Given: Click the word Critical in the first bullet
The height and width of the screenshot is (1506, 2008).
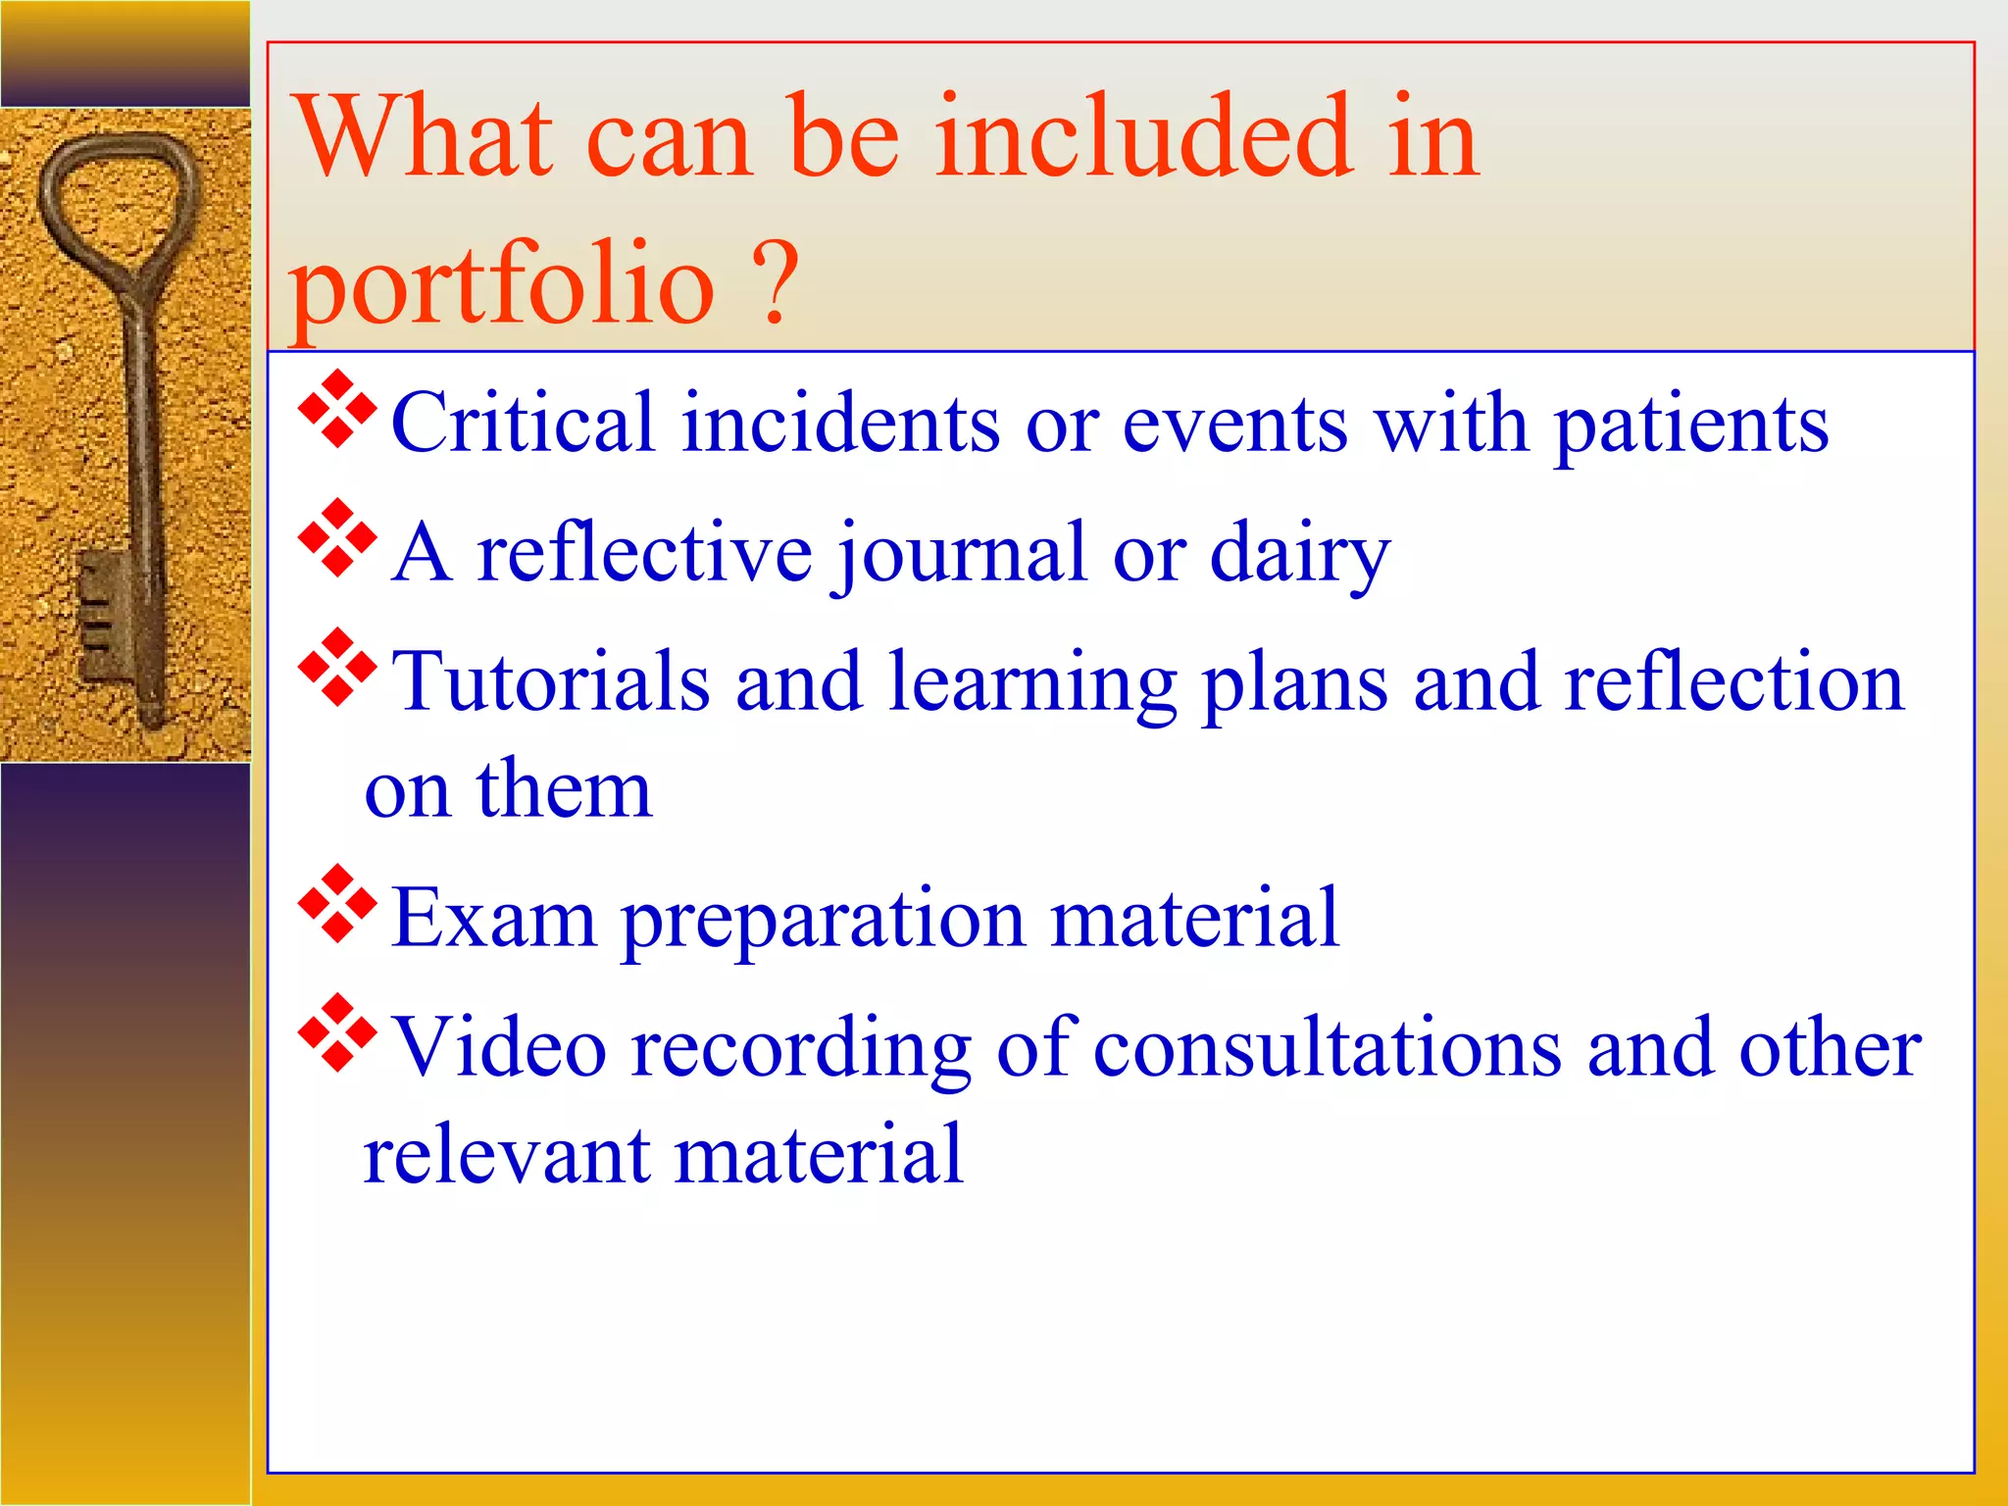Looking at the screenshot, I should click(x=522, y=423).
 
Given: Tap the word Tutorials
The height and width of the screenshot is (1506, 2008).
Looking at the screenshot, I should click(x=550, y=681).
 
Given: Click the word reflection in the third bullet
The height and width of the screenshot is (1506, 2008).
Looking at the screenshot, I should click(x=1732, y=681).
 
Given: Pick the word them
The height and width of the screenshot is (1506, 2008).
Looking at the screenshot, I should click(x=564, y=789).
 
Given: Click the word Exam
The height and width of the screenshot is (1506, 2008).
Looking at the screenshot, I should click(x=492, y=919).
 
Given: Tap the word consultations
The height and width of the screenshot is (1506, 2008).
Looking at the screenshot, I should click(x=1328, y=1048).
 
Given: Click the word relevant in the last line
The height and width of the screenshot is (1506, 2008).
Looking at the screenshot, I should click(x=506, y=1155).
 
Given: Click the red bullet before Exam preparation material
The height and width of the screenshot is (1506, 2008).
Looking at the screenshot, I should click(x=337, y=904).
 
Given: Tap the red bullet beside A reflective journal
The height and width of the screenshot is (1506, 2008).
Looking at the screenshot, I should click(x=337, y=538).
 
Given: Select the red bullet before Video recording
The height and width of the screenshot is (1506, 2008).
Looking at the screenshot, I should click(x=337, y=1033).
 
